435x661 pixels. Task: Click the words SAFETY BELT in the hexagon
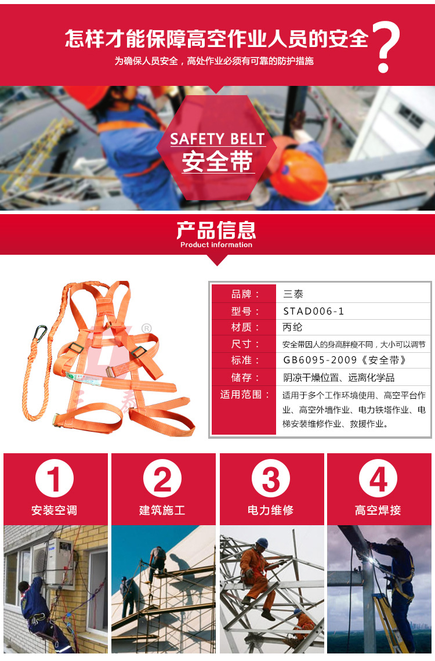coord(217,139)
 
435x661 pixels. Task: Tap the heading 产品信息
coord(216,230)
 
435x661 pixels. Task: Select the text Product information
coord(216,245)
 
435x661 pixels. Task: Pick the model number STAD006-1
coord(314,311)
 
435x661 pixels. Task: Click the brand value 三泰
coord(293,294)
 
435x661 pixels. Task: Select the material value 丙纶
coord(293,327)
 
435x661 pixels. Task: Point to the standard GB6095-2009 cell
coord(345,360)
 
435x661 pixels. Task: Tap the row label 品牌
coord(245,294)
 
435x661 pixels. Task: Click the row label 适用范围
coord(245,395)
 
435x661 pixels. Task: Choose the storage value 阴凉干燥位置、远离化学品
coord(339,377)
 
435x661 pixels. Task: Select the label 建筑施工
coord(162,511)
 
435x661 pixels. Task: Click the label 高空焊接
coord(378,511)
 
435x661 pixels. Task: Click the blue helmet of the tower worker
coord(262,543)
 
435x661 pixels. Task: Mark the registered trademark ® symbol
coord(146,328)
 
